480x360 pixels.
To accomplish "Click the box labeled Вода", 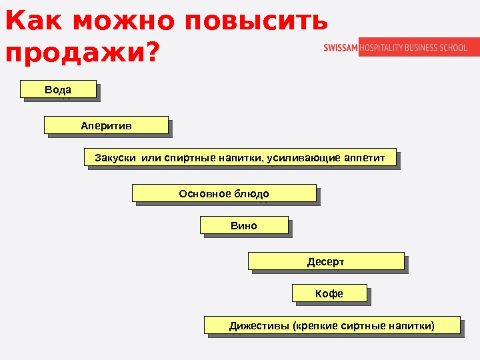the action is tap(58, 89).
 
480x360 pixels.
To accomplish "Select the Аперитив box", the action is tap(106, 125).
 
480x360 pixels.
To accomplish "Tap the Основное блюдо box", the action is tap(224, 193).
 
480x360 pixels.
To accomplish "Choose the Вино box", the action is tap(244, 225).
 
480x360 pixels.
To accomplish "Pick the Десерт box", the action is tap(326, 261).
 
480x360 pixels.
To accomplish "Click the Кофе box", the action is tap(329, 293).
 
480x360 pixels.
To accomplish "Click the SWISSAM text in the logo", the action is tap(341, 47).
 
